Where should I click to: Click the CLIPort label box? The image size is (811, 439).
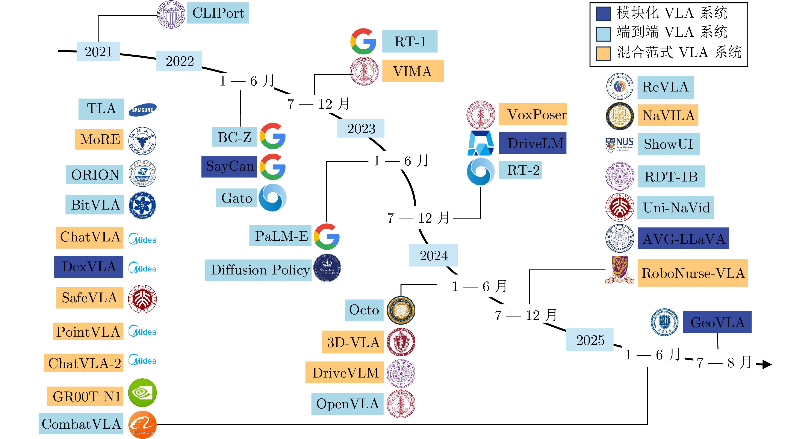click(x=218, y=13)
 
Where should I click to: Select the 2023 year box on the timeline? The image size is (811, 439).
click(x=361, y=128)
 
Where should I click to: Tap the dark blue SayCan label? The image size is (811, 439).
click(x=229, y=166)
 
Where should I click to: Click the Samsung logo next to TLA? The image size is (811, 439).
click(x=143, y=110)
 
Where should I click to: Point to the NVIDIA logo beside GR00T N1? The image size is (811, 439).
click(x=142, y=393)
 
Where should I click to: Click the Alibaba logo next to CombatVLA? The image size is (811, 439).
click(x=142, y=424)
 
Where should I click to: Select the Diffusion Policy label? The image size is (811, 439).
click(x=258, y=270)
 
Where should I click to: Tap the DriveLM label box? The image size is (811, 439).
click(x=533, y=143)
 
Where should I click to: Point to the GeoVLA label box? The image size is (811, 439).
click(x=717, y=322)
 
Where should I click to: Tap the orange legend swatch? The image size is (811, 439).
click(x=603, y=53)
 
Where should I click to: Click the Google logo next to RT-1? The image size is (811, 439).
click(x=363, y=41)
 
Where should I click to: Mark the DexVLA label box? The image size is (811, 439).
click(x=89, y=267)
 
